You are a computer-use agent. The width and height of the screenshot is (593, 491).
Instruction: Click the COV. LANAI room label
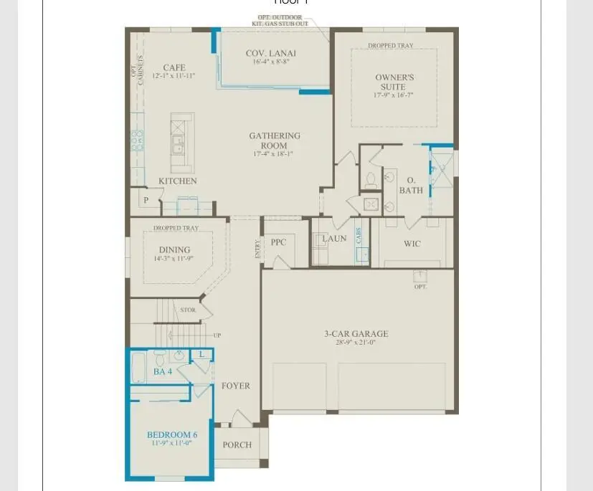(270, 53)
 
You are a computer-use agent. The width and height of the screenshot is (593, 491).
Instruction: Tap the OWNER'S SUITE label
(394, 82)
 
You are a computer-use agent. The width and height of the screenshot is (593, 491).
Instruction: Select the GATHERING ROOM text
(275, 140)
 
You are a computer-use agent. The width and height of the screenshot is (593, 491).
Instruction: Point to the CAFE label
(174, 68)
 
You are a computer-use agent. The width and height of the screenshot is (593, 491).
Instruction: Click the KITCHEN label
(177, 181)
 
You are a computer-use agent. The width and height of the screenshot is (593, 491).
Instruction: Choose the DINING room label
(174, 250)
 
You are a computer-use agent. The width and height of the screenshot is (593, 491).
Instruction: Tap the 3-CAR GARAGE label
(356, 333)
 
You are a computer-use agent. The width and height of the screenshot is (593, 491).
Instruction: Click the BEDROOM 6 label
(172, 435)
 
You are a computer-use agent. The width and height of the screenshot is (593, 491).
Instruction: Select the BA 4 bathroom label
(163, 372)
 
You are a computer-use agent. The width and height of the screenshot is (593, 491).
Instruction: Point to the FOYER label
(235, 386)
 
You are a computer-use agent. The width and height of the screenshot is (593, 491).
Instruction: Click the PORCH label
(237, 445)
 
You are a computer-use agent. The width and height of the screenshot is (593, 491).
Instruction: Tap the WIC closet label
(412, 244)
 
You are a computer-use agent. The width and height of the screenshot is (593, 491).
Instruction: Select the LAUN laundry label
(334, 239)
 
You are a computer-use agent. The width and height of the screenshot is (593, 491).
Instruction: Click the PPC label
(278, 242)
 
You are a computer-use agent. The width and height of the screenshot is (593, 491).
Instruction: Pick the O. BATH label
(411, 185)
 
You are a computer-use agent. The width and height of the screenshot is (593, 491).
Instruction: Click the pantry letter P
(146, 201)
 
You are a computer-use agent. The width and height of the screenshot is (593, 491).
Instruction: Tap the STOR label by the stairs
(188, 310)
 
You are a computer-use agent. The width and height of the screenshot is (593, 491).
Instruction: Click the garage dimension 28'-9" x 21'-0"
(356, 343)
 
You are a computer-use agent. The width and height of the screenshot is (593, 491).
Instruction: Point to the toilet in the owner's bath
(371, 179)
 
